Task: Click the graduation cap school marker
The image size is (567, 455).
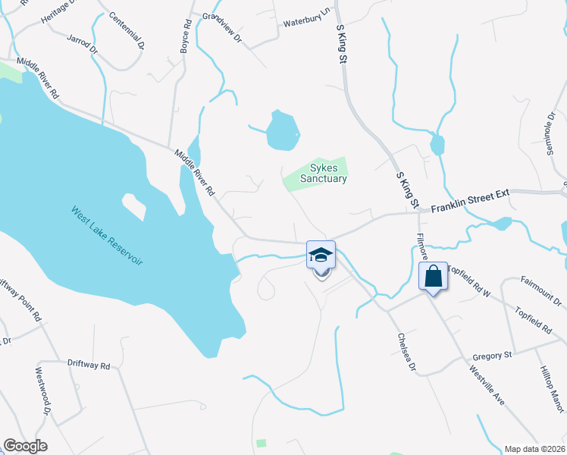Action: coord(321,256)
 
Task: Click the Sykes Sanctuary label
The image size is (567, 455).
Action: coord(323,173)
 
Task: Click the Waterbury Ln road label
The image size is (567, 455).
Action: coord(308,24)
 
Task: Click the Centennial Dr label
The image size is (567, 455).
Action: coord(126,30)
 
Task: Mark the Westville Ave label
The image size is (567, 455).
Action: coord(487,386)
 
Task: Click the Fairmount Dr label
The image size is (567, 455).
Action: coord(540,290)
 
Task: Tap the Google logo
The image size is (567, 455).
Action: coord(25,446)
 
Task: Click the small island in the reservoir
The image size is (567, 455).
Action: coord(133,206)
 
